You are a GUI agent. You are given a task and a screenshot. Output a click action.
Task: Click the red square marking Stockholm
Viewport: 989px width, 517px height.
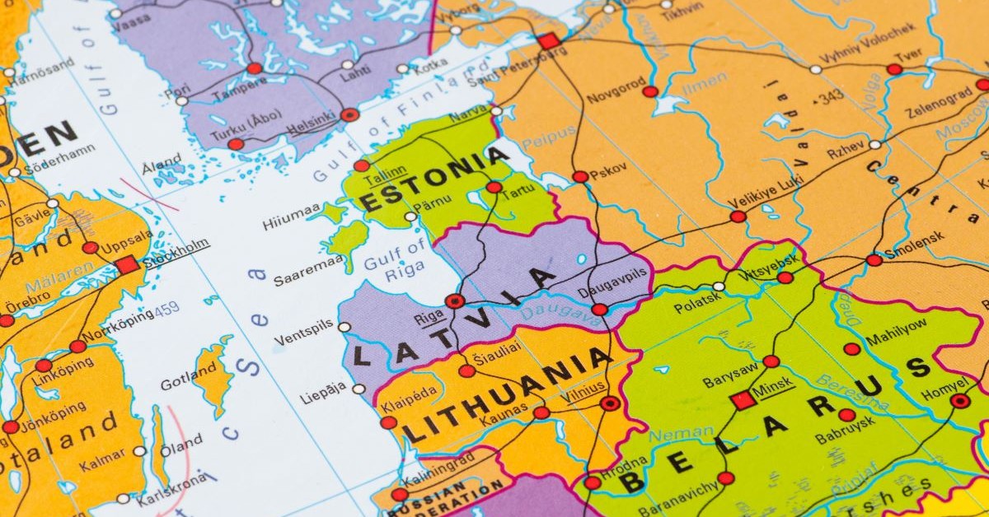tap(127, 265)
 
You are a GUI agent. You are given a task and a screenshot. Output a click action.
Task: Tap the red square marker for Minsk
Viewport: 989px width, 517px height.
tap(742, 400)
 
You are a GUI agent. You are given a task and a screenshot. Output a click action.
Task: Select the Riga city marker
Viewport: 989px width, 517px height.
tap(454, 301)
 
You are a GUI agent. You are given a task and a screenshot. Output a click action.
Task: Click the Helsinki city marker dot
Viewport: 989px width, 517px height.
tap(349, 115)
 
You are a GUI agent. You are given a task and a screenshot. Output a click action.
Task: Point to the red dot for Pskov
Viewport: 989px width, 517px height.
tap(580, 176)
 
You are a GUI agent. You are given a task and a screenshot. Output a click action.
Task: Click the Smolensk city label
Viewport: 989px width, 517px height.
tap(914, 237)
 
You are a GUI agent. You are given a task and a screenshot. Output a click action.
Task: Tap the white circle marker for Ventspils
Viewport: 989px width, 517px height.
tap(344, 327)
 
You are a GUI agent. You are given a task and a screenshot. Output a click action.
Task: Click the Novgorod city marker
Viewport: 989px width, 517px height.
tap(650, 91)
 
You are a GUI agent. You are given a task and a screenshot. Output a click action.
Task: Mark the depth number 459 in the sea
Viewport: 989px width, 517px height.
tap(166, 310)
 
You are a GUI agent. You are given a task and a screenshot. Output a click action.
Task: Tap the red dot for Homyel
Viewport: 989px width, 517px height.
tap(959, 401)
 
